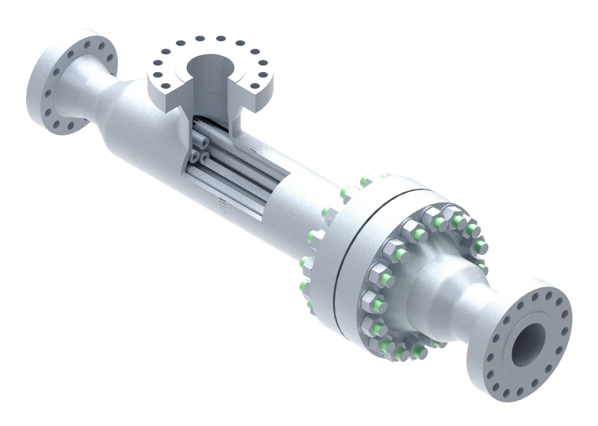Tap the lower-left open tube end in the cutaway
(194, 158)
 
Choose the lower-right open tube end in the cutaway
(204, 157)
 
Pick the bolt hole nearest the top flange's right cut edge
(255, 86)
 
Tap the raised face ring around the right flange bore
(506, 350)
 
